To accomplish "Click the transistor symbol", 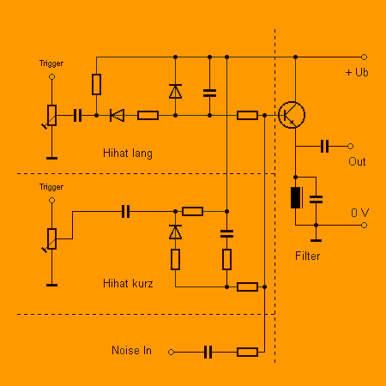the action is pos(292,115).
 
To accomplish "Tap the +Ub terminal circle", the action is pos(364,57).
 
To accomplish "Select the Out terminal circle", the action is pos(350,146).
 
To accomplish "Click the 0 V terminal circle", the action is pos(364,225).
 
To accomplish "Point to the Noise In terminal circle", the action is pos(171,352).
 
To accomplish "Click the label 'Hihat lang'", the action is pos(128,154).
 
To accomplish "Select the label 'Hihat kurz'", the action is pos(128,283).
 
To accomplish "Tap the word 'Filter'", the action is pos(307,256).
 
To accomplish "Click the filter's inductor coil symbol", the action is pos(297,197).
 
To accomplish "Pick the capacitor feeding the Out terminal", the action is pos(324,146).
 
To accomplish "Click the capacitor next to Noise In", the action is pos(208,352).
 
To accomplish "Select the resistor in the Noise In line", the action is pos(247,352).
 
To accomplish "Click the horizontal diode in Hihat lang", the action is pos(117,115).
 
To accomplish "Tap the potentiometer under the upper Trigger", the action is pos(51,115).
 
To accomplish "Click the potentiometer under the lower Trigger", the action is pos(51,238).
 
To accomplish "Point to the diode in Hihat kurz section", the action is pos(175,232).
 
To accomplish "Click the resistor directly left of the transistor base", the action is pos(247,115).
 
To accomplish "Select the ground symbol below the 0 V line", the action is pos(316,240).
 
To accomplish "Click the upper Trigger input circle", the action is pos(51,76).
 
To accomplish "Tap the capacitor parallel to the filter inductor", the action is pos(316,199).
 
